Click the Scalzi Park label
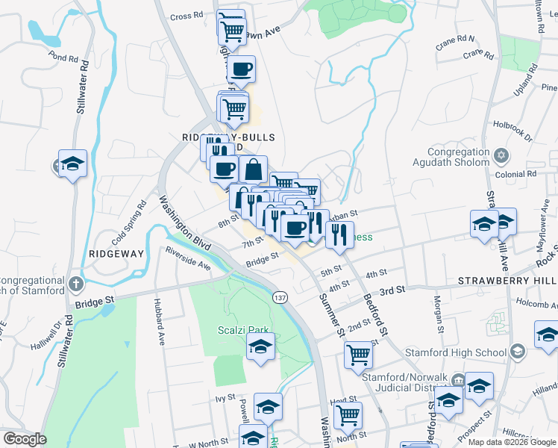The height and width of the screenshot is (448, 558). tap(237, 330)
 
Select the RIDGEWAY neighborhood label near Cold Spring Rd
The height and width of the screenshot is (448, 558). tap(116, 254)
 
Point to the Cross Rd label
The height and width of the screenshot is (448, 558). tap(186, 16)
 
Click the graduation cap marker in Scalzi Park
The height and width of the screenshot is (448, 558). tap(260, 347)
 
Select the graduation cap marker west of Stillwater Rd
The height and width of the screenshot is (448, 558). tap(72, 164)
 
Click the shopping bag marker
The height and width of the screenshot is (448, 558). tap(254, 169)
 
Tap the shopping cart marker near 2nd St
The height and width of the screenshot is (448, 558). tap(359, 355)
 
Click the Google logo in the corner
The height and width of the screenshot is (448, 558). tap(25, 439)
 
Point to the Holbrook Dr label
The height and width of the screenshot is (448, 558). tap(512, 131)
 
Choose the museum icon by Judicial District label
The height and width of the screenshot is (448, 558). tap(457, 381)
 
